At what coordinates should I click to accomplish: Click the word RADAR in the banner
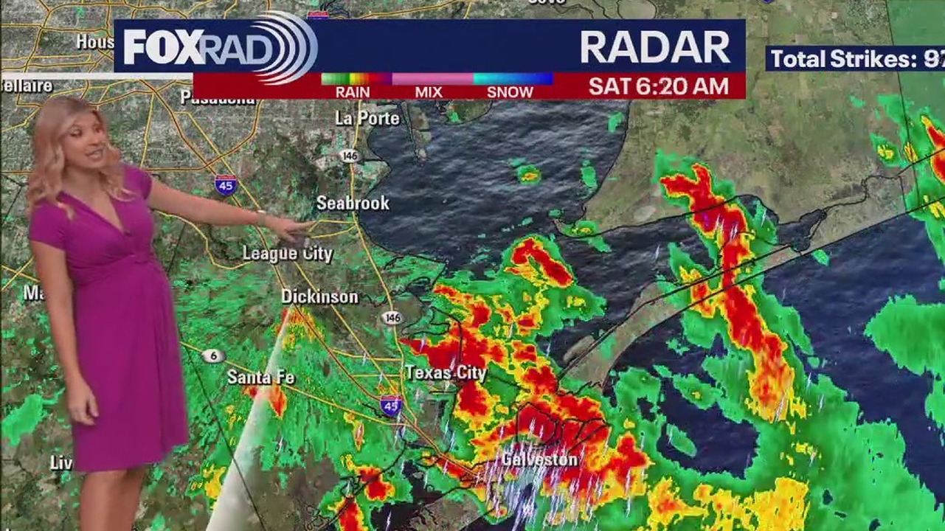pos(654,48)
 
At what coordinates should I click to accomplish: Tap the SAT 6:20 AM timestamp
pos(658,86)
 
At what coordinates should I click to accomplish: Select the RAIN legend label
pos(353,92)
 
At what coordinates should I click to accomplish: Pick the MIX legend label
pos(429,92)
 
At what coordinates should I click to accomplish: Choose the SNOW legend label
pos(510,92)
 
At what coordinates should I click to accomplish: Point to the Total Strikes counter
pos(855,59)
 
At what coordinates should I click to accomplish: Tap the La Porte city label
pos(367,118)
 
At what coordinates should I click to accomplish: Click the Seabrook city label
pos(353,203)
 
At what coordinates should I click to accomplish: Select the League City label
pos(288,254)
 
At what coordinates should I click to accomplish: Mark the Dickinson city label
pos(319,296)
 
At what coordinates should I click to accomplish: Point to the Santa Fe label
pos(260,378)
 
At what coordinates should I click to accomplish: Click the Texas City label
pos(446,373)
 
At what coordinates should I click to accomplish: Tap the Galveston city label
pos(539,459)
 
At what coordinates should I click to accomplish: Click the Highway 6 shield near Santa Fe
pos(213,356)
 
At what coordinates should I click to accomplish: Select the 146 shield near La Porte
pos(349,156)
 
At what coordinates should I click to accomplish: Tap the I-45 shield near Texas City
pos(391,405)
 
